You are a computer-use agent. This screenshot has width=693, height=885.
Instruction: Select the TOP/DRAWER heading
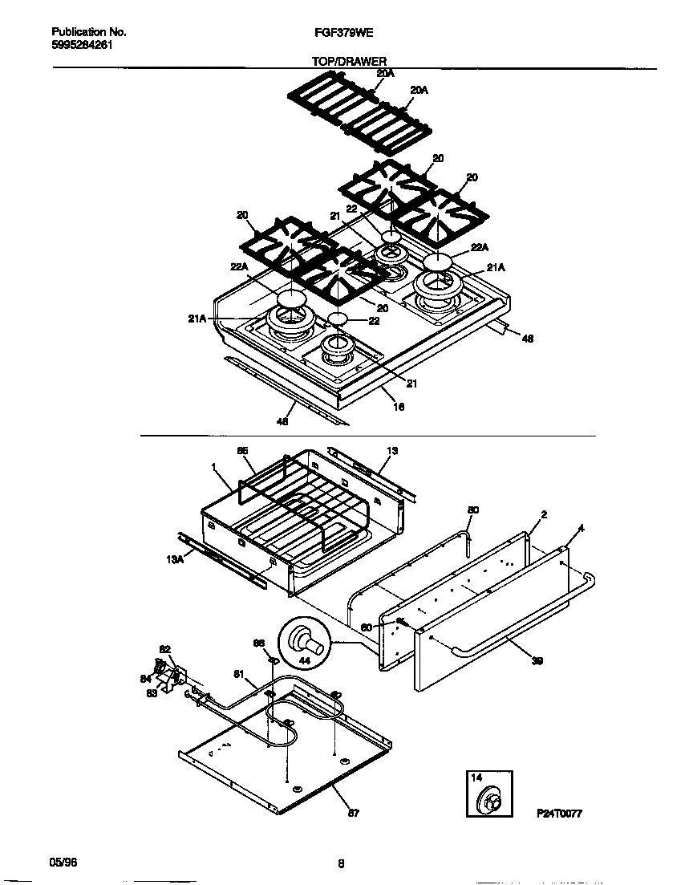click(x=349, y=60)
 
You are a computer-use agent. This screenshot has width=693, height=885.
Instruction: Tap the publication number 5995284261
click(x=83, y=45)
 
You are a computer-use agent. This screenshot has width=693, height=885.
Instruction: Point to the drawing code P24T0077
click(x=558, y=814)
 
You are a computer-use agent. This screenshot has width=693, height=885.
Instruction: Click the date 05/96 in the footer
click(x=63, y=862)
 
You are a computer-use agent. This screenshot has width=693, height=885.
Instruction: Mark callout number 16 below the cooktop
click(x=399, y=407)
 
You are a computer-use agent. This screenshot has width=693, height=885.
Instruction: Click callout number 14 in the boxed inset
click(x=476, y=778)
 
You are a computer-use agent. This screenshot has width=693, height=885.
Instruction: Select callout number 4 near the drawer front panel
click(x=580, y=528)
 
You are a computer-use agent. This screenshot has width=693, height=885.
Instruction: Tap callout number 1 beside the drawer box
click(x=213, y=466)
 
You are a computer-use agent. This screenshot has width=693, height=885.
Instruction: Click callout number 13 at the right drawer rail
click(x=392, y=452)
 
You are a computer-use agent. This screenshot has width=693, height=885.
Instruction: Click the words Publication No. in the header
click(x=88, y=33)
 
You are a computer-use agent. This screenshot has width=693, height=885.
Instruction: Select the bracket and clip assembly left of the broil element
click(x=169, y=674)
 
